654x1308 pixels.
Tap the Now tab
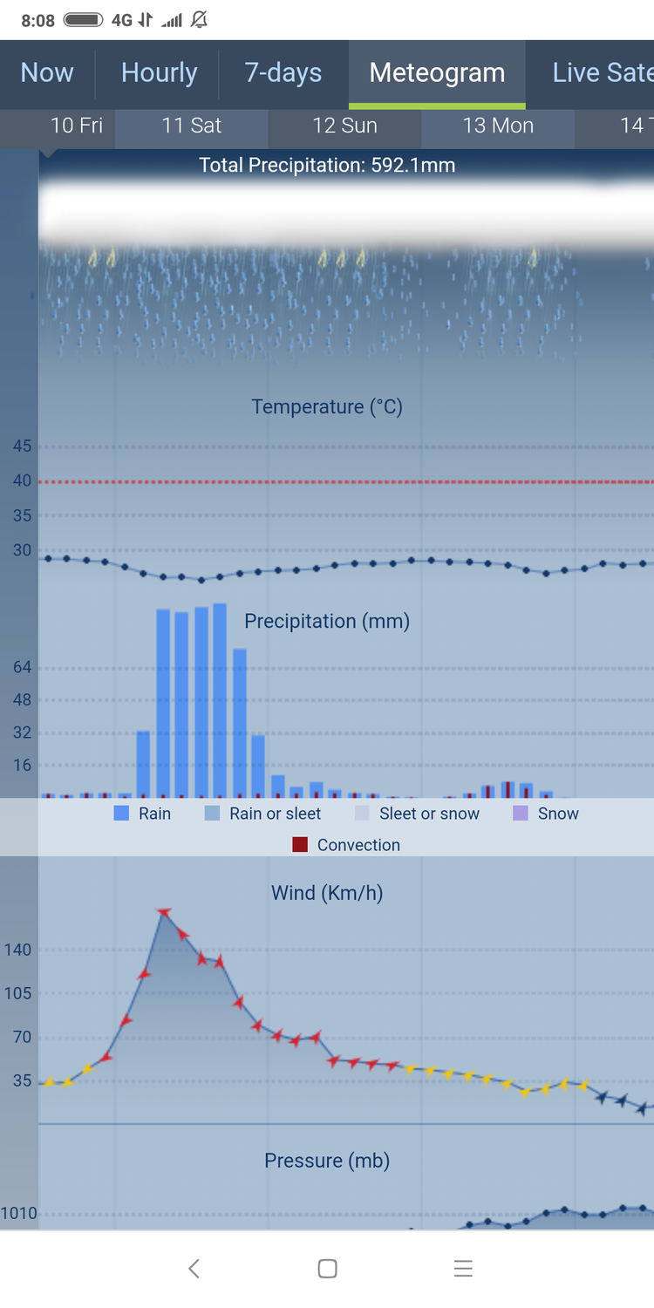[47, 73]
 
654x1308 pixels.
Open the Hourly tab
[159, 73]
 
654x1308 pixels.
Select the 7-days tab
[283, 73]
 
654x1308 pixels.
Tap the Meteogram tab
[437, 73]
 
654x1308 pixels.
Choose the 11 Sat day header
[192, 126]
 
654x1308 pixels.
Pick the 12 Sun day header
[344, 126]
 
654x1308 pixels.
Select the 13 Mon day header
[498, 126]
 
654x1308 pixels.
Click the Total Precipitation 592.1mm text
[327, 166]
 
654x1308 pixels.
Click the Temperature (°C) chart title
[327, 407]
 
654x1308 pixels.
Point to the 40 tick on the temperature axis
[22, 480]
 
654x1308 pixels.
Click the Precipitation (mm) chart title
[327, 621]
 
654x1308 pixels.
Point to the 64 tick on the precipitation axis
[22, 668]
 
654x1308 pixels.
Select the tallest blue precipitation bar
[220, 700]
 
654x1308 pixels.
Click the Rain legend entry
[143, 814]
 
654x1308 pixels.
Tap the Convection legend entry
[347, 845]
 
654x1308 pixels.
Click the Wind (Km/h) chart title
[327, 893]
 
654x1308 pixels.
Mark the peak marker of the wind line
[164, 912]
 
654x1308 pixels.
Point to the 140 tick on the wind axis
[18, 950]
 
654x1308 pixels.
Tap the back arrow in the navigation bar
[194, 1269]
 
